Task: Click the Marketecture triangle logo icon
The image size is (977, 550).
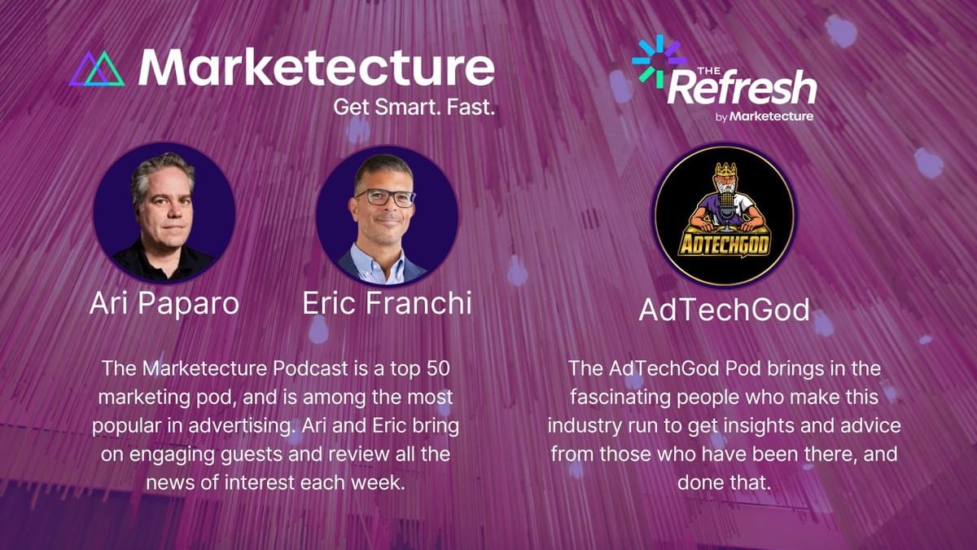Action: [97, 69]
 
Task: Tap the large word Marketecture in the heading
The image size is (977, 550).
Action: [316, 67]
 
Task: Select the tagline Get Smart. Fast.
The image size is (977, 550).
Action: [414, 107]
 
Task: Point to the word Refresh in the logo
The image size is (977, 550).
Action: [742, 86]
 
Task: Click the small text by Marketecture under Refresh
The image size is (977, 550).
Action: [765, 116]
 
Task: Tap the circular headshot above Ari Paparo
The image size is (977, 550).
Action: [164, 213]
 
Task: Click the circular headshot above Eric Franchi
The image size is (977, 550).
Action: [387, 216]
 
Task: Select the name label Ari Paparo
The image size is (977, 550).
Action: [164, 303]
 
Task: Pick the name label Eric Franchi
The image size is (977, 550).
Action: [387, 303]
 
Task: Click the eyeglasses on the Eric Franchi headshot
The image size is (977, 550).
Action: [384, 198]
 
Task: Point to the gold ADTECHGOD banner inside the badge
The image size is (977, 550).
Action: [724, 244]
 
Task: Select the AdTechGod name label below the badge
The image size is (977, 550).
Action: [724, 310]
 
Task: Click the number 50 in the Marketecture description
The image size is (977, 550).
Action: [438, 368]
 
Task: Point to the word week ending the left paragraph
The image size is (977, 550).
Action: [379, 482]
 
